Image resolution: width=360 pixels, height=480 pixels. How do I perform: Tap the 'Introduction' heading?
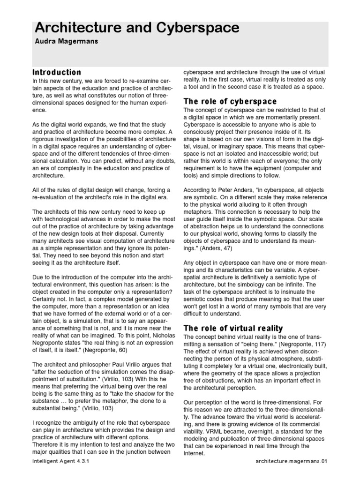(x=57, y=72)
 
